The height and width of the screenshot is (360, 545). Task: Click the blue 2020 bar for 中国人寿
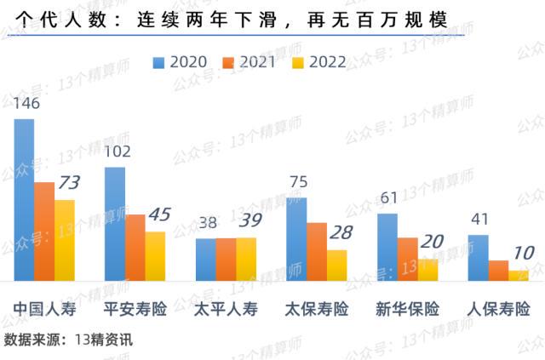click(24, 200)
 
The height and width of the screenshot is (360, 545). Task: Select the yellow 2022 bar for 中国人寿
click(65, 240)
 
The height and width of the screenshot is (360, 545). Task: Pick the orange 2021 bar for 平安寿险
click(135, 248)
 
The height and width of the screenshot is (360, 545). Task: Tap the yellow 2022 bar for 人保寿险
click(519, 275)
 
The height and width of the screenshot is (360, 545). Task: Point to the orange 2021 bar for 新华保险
click(407, 259)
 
